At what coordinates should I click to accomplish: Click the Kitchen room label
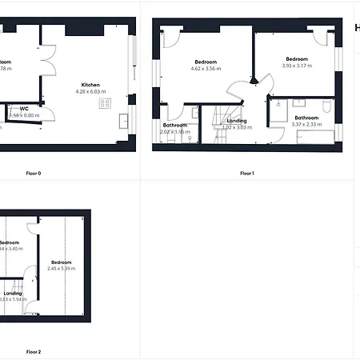(x=90, y=84)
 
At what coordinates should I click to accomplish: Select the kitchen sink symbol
(x=124, y=121)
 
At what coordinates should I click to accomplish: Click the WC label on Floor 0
(x=24, y=108)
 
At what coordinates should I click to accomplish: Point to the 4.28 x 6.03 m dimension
(x=90, y=91)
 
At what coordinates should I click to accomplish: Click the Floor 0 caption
(x=34, y=173)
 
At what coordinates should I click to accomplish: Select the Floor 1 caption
(x=246, y=173)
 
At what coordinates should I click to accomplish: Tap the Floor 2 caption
(x=34, y=351)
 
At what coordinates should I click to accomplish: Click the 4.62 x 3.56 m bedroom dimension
(x=207, y=69)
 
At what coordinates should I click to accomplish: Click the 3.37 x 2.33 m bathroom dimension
(x=307, y=124)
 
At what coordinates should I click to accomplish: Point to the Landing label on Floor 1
(x=237, y=121)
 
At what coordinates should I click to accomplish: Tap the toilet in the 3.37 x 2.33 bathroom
(x=327, y=107)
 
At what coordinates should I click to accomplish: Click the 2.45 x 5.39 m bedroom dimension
(x=61, y=269)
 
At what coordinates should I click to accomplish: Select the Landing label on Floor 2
(x=14, y=293)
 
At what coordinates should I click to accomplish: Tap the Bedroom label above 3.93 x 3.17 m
(x=298, y=58)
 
